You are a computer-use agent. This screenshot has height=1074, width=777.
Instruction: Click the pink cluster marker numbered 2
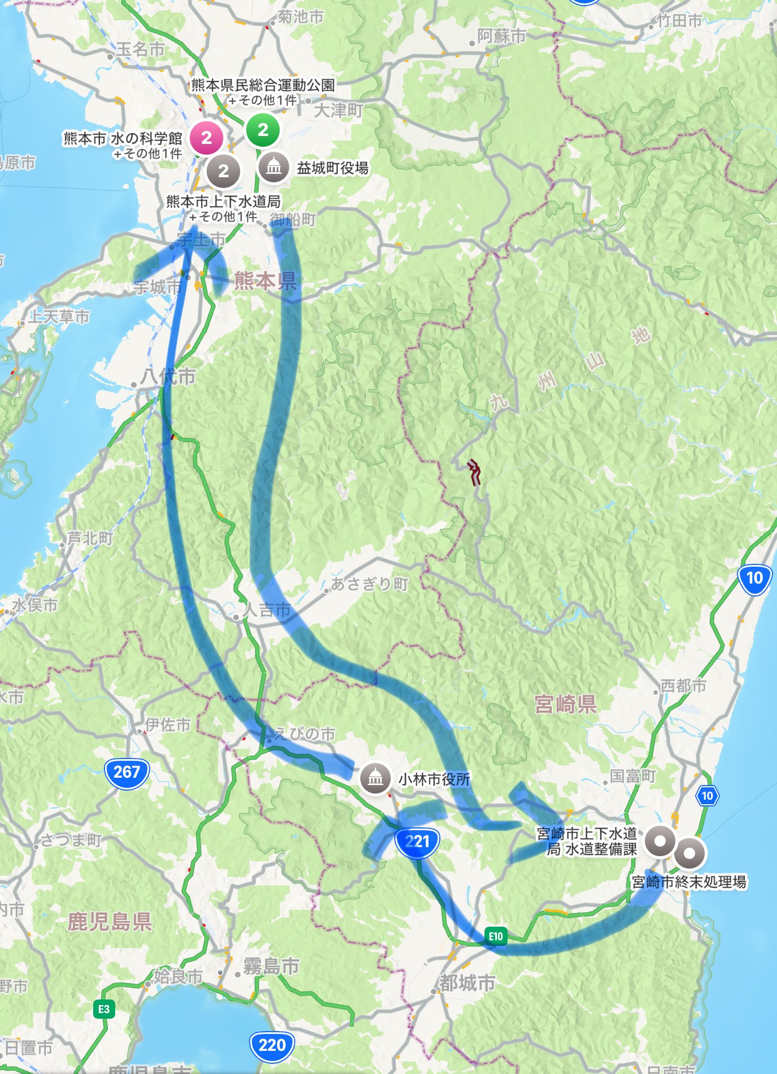pyautogui.click(x=206, y=138)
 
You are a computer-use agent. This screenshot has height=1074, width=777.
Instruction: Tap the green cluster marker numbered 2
pyautogui.click(x=263, y=130)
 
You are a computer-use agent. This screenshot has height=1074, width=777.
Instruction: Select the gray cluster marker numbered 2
pyautogui.click(x=223, y=171)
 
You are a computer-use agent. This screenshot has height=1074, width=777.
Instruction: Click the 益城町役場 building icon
pyautogui.click(x=274, y=167)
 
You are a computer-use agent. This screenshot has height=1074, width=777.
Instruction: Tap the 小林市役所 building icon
pyautogui.click(x=375, y=778)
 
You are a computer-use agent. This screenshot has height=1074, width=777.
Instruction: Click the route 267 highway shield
pyautogui.click(x=126, y=772)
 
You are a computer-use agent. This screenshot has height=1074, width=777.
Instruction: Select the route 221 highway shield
pyautogui.click(x=417, y=842)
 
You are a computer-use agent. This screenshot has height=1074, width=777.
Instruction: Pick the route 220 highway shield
pyautogui.click(x=272, y=1045)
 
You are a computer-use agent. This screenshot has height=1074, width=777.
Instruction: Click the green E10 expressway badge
pyautogui.click(x=495, y=936)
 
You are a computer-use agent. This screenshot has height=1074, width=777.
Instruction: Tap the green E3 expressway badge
pyautogui.click(x=104, y=1009)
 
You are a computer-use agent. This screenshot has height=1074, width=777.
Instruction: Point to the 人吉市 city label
pyautogui.click(x=267, y=610)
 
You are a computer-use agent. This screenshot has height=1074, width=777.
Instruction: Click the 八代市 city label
pyautogui.click(x=169, y=376)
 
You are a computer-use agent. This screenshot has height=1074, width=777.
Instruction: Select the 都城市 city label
pyautogui.click(x=467, y=983)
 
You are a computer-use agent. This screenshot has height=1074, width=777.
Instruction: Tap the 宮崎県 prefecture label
pyautogui.click(x=565, y=704)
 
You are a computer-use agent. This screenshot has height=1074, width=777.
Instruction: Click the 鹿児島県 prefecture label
pyautogui.click(x=110, y=922)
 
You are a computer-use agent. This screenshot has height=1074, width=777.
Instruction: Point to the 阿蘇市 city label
pyautogui.click(x=501, y=36)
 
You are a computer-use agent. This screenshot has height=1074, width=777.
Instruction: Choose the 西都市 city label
pyautogui.click(x=683, y=686)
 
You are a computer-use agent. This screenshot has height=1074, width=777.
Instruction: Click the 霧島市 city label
pyautogui.click(x=271, y=966)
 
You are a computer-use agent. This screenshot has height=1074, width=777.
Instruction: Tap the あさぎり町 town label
pyautogui.click(x=369, y=584)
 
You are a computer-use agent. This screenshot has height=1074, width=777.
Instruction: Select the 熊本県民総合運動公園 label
pyautogui.click(x=263, y=85)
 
